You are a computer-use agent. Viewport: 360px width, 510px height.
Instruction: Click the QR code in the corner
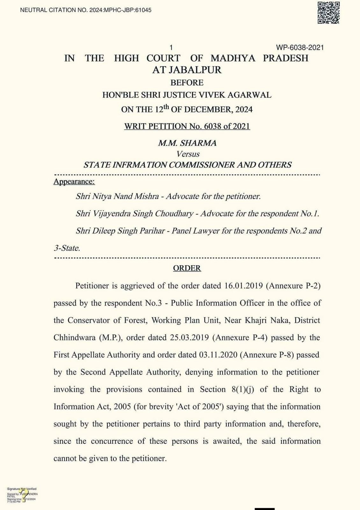point(329,13)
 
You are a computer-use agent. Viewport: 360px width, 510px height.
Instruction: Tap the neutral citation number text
point(86,10)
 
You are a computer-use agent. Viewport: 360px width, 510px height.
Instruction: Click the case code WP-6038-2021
point(300,48)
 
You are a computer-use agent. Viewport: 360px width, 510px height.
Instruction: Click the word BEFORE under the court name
point(187,83)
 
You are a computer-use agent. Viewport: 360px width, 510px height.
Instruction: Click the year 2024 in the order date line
point(244,110)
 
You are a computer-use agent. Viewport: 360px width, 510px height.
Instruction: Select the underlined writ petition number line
point(187,126)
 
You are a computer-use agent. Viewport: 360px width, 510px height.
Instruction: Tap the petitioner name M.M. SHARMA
point(187,143)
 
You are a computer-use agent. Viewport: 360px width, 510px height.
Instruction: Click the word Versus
point(188,154)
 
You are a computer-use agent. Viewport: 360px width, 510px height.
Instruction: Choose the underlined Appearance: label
point(74,182)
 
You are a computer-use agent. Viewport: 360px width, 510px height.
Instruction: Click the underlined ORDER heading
point(187,268)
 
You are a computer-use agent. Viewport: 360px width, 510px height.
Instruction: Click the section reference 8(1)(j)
point(243,390)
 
